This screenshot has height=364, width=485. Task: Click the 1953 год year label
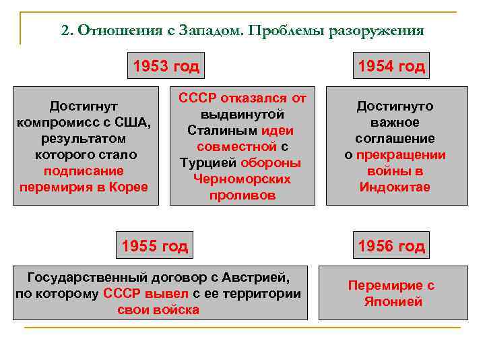166,66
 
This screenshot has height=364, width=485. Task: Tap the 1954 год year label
391,66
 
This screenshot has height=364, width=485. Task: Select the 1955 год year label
155,245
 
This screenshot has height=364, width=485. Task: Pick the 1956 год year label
391,246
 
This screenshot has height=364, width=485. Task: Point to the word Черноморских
242,179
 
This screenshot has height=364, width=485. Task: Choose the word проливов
242,195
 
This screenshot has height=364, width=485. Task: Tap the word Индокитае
395,187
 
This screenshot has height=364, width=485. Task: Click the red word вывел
172,294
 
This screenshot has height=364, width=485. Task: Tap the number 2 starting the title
65,30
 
